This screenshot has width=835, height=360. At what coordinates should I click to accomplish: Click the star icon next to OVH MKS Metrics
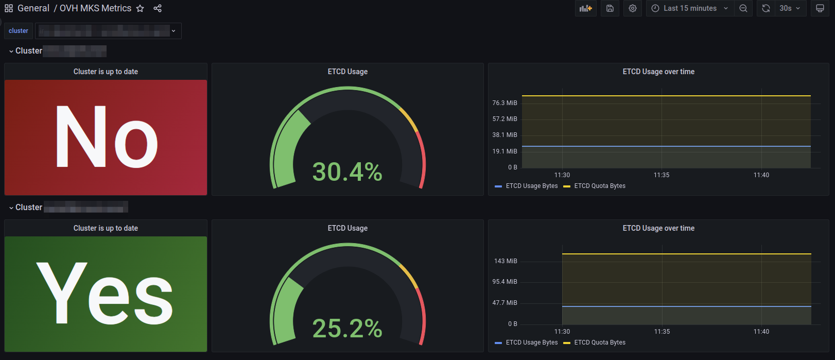(140, 8)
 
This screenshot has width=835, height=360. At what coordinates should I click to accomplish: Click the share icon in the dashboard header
(158, 8)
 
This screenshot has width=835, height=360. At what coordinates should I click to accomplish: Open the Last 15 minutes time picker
(690, 8)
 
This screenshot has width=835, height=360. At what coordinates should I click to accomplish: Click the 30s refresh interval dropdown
(790, 8)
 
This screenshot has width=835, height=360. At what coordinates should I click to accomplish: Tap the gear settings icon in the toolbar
(633, 8)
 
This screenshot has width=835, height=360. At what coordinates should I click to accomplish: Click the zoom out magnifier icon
(743, 8)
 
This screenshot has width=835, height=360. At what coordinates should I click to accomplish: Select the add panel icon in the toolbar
(586, 8)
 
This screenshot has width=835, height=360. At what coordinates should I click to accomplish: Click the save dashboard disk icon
(610, 8)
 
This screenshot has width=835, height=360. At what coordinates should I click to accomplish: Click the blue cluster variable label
(19, 31)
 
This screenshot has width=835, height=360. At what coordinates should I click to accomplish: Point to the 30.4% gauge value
(347, 172)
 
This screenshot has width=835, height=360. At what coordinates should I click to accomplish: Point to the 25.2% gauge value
(347, 329)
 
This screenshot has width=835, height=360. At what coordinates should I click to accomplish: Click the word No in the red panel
(106, 138)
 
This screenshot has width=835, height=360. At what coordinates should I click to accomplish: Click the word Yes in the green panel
(105, 294)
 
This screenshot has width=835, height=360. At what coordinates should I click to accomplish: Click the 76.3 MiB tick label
(505, 103)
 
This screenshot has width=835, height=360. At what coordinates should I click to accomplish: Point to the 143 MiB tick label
(506, 261)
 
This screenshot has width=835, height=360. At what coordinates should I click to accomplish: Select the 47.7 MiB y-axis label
(505, 303)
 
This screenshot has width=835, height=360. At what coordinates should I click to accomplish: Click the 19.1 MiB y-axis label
(505, 151)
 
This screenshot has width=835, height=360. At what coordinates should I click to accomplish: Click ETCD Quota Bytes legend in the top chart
(600, 186)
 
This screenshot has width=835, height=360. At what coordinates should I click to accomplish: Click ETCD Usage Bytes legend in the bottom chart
(532, 342)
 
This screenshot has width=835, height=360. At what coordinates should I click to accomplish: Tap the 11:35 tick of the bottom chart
(662, 332)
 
